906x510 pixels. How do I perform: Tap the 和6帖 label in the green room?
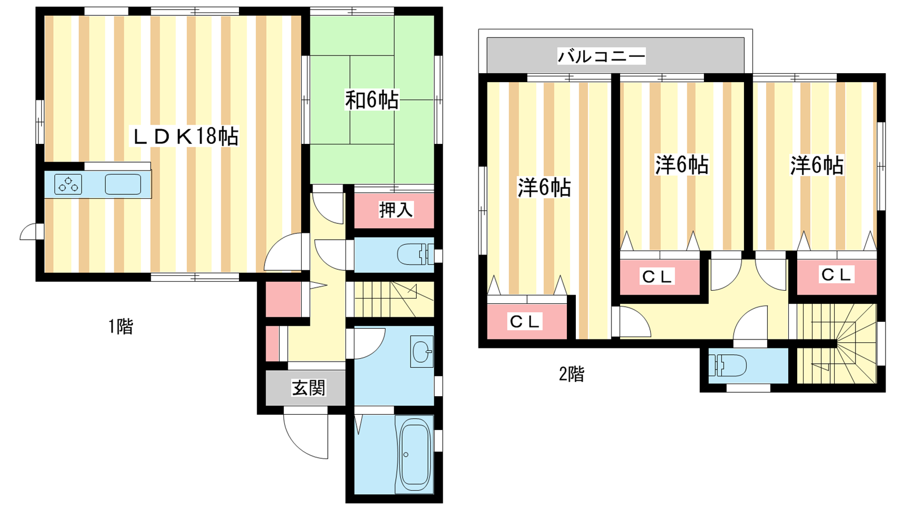pos(371,100)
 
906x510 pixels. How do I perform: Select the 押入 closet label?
pos(396,210)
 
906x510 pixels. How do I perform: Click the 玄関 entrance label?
pos(309,388)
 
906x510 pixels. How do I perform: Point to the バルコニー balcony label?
pos(601,56)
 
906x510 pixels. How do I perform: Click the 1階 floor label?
pos(121,326)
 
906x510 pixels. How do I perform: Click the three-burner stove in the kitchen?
pos(68,185)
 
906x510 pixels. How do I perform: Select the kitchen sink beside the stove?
pos(123,185)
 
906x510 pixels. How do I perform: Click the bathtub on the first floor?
pos(414,454)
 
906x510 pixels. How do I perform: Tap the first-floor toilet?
pos(416,254)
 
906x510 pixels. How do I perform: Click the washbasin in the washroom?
pos(421,351)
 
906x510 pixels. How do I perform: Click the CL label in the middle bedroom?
pos(657,277)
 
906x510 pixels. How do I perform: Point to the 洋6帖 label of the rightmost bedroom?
pos(818,165)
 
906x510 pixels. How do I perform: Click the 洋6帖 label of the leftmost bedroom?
pos(544,188)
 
